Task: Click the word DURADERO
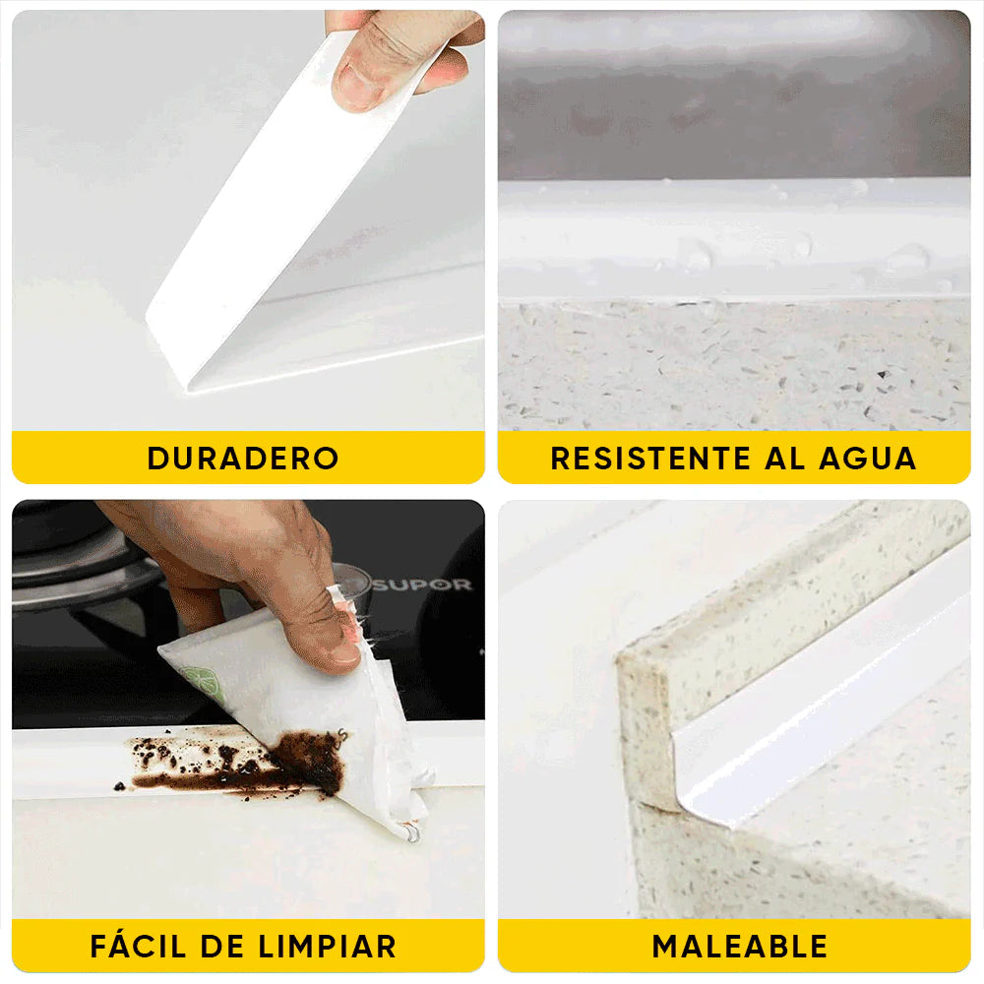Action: (243, 459)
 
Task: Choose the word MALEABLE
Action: (739, 947)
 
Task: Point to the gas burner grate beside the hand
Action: (69, 571)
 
